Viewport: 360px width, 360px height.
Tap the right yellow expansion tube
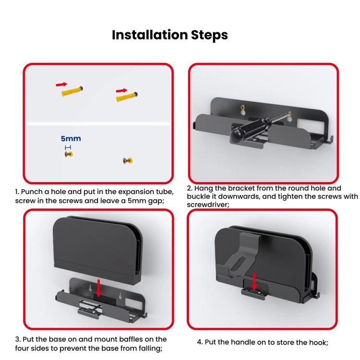pyautogui.click(x=127, y=97)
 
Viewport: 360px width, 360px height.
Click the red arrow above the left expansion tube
pyautogui.click(x=61, y=84)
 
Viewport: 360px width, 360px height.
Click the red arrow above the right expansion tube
pyautogui.click(x=121, y=90)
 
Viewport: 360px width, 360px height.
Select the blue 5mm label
pyautogui.click(x=71, y=139)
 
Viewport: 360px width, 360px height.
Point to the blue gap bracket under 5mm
pyautogui.click(x=68, y=147)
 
